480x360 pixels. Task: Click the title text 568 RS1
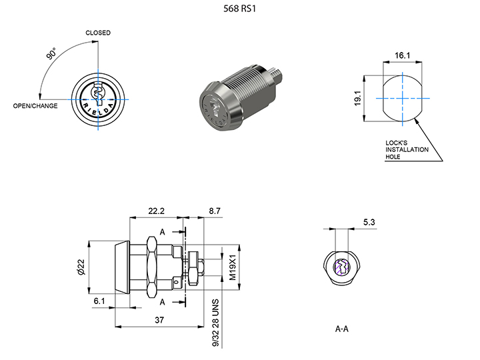[239, 10]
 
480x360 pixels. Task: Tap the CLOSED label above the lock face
[98, 33]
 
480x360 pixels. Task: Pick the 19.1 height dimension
[358, 99]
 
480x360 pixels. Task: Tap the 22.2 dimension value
[157, 211]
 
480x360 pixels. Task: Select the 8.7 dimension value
[215, 211]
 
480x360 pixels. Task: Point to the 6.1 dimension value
[100, 302]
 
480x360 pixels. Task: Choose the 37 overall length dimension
[159, 321]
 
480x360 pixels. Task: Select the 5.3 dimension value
[369, 222]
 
